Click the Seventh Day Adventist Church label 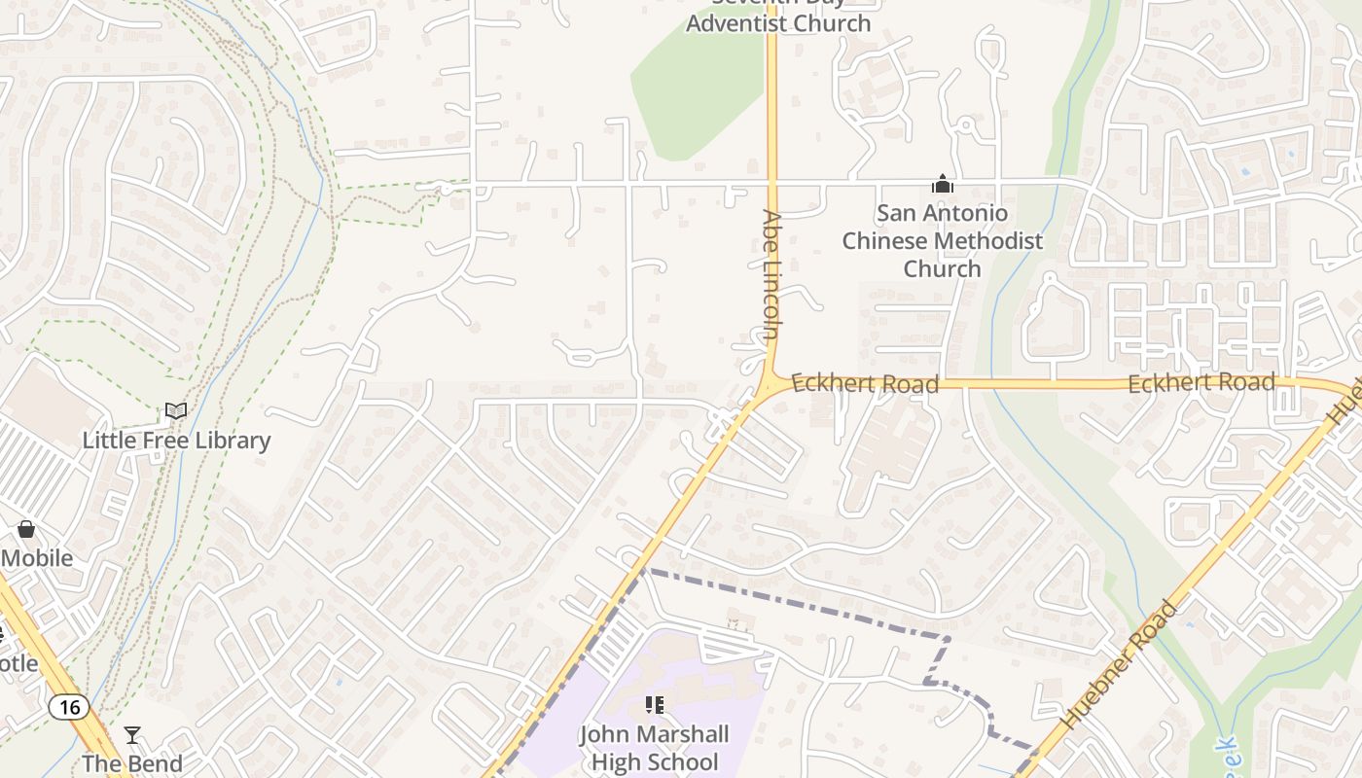[x=778, y=19]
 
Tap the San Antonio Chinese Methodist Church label [x=942, y=240]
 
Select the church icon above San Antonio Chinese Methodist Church [x=942, y=184]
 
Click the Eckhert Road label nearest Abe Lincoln [x=865, y=383]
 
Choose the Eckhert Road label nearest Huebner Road [x=1201, y=382]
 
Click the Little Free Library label [x=176, y=441]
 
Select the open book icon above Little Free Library [x=176, y=411]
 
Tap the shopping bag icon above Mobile [x=26, y=529]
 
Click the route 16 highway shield [x=68, y=707]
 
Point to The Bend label [x=132, y=763]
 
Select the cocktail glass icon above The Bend [x=132, y=735]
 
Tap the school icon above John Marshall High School [x=655, y=704]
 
